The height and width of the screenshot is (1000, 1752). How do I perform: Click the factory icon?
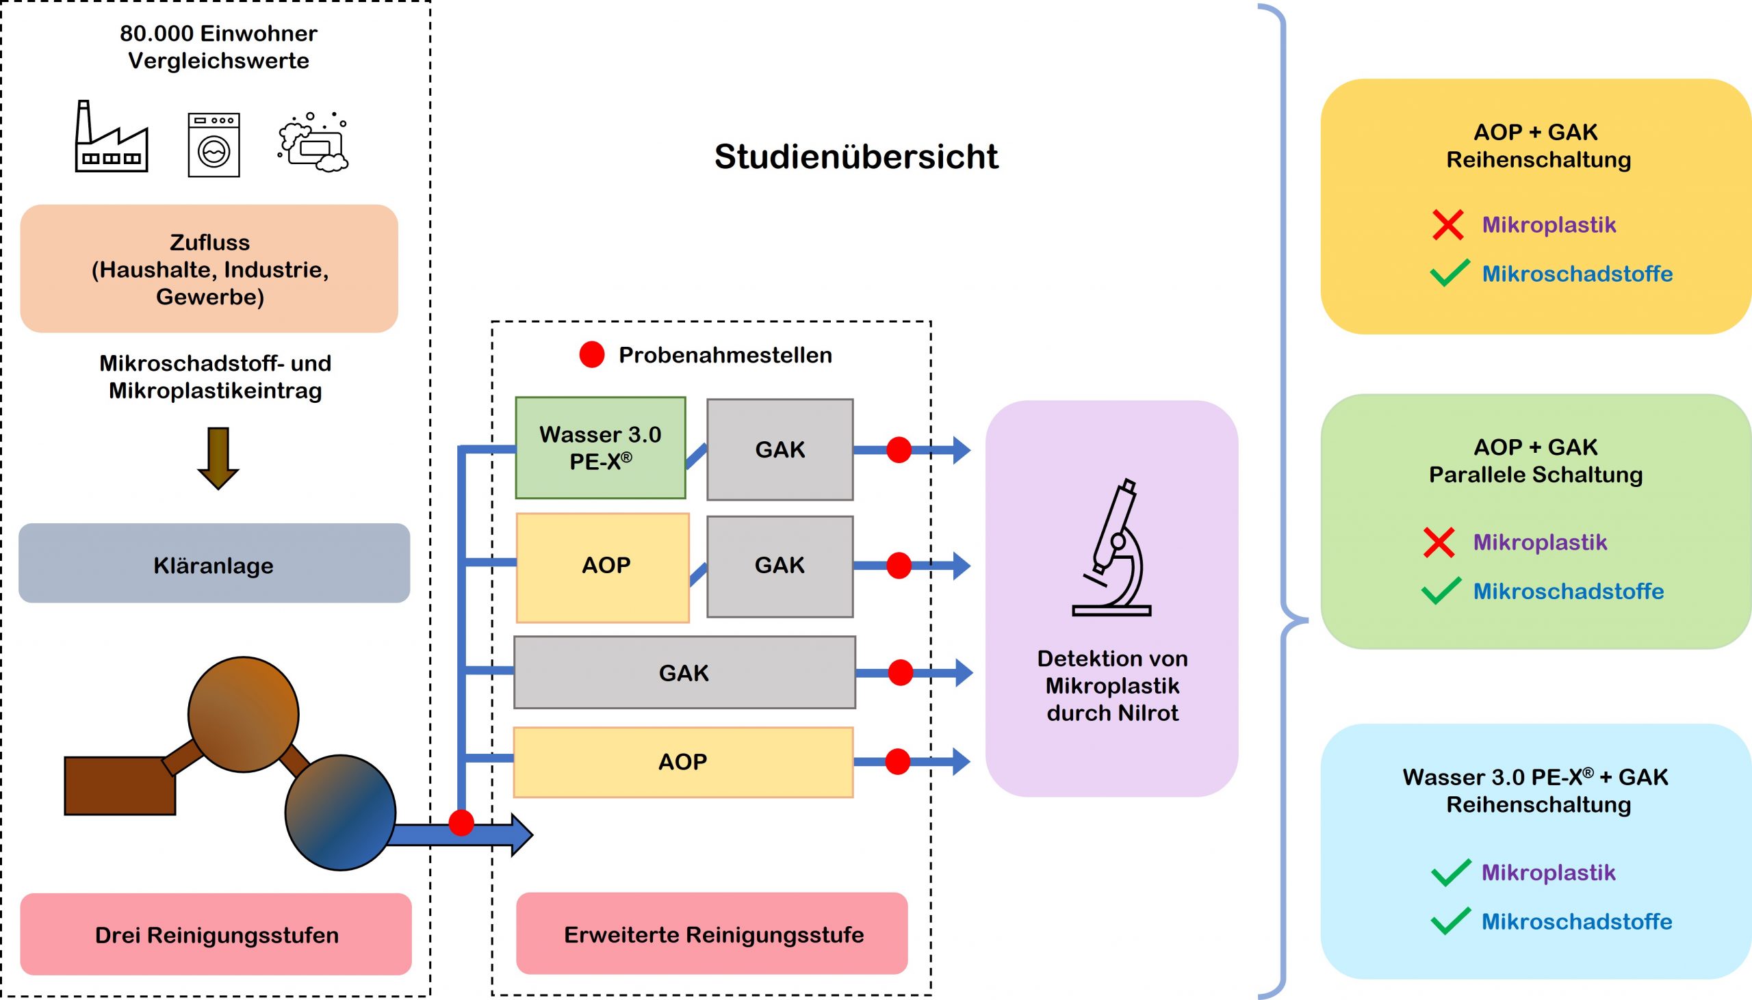tap(112, 137)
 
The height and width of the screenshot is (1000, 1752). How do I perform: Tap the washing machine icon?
tap(214, 145)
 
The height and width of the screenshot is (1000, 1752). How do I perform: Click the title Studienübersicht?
tap(855, 157)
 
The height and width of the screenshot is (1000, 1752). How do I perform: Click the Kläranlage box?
tap(214, 564)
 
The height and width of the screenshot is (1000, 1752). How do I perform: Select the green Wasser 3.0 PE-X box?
tap(600, 448)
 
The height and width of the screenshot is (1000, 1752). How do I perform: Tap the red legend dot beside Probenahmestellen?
tap(591, 354)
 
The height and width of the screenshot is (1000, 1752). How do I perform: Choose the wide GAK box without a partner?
tap(684, 672)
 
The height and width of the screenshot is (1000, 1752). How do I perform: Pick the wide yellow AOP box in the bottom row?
tap(683, 762)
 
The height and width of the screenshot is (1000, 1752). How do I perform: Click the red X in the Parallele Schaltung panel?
tap(1439, 542)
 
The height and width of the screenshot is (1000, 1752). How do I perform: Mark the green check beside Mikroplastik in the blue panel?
tap(1450, 872)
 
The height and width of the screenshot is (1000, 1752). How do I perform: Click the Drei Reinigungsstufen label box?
tap(216, 934)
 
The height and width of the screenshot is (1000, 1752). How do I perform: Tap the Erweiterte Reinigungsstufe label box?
tap(712, 934)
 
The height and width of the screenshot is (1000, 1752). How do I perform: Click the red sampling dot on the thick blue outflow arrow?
tap(461, 822)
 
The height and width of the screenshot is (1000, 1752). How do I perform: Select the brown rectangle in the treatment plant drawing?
tap(120, 786)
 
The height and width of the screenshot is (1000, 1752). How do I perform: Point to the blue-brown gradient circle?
tap(340, 813)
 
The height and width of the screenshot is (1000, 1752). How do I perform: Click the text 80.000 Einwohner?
tap(218, 33)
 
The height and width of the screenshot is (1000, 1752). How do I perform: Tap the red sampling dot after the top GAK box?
tap(899, 450)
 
